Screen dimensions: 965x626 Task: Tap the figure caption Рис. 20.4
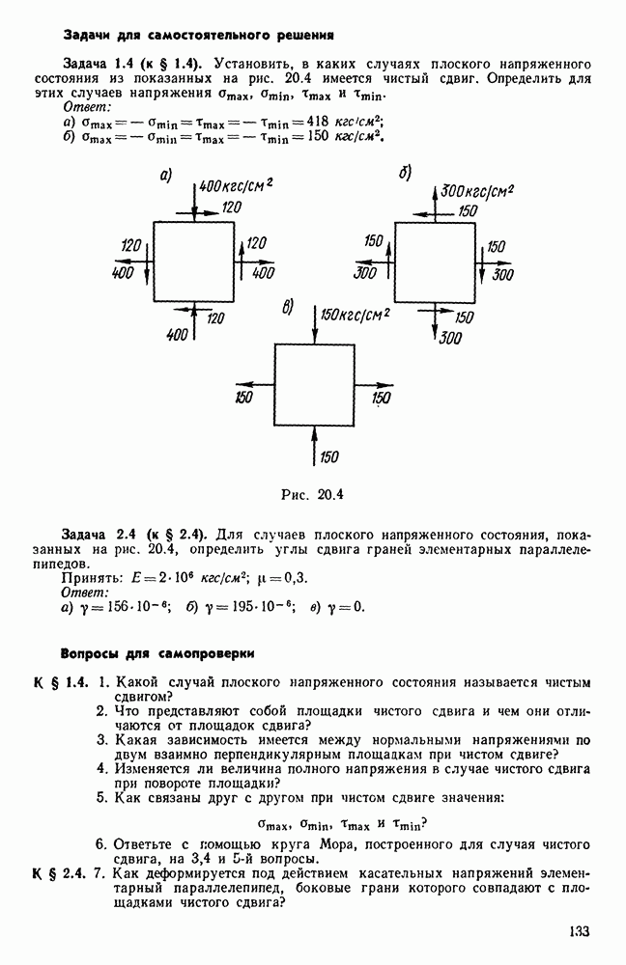click(312, 496)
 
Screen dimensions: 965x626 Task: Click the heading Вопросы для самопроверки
click(157, 653)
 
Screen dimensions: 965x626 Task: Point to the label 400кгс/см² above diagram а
click(236, 184)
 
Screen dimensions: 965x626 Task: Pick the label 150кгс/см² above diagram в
click(355, 315)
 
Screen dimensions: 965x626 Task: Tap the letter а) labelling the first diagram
click(166, 175)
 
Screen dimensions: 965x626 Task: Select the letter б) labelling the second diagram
click(404, 174)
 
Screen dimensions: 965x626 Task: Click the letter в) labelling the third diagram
click(287, 308)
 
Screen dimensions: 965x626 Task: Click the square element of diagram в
click(315, 379)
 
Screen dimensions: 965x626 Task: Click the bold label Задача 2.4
click(99, 533)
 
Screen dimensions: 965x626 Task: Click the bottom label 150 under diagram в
click(328, 456)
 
